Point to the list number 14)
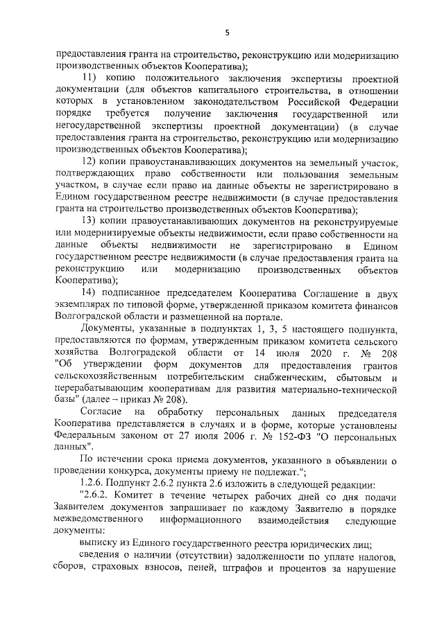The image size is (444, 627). (x=92, y=293)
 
